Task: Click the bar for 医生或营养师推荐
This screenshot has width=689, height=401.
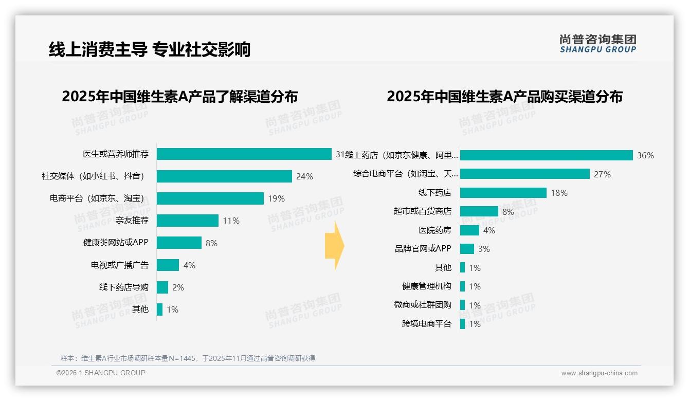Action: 244,154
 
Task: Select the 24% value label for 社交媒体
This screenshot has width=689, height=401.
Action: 304,176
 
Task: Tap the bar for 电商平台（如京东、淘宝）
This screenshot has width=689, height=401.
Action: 210,198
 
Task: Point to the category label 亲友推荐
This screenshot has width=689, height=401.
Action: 132,221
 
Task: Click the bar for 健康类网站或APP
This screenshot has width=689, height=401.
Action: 179,243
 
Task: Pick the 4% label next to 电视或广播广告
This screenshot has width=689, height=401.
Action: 189,265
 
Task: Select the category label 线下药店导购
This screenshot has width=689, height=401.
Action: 123,287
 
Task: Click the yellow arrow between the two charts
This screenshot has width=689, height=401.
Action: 335,246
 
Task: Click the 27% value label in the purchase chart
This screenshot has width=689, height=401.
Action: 602,174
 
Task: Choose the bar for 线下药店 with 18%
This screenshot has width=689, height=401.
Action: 503,193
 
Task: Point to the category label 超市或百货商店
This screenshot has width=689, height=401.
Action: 422,211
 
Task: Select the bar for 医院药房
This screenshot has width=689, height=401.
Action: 469,230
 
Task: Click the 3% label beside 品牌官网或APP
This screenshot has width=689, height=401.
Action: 484,249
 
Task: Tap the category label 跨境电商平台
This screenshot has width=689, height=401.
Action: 426,324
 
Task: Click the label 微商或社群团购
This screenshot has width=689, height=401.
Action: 422,305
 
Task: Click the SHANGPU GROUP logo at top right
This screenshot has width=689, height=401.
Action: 597,44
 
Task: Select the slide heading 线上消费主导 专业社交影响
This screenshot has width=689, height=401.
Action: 149,49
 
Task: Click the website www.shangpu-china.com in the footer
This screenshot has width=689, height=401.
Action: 599,373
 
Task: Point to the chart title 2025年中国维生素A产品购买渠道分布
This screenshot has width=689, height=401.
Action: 504,97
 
